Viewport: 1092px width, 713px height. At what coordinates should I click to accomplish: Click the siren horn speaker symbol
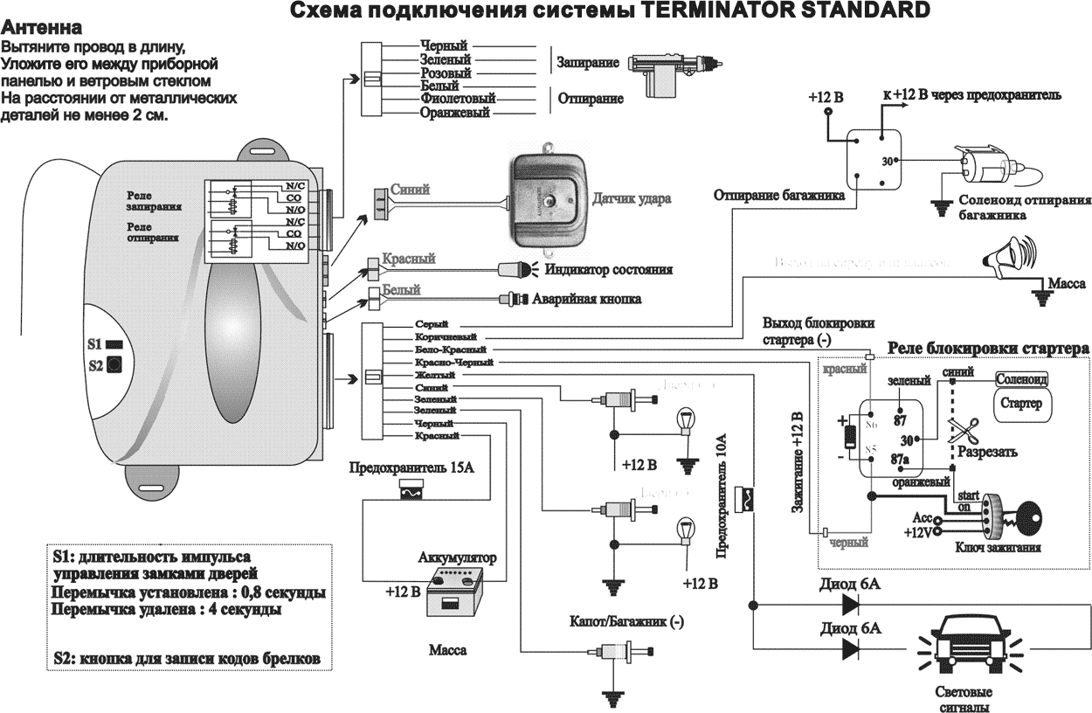coord(1004,254)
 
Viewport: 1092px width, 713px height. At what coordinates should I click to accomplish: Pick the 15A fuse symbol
coord(409,495)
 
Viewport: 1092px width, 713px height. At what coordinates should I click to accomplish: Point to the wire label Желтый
coord(435,374)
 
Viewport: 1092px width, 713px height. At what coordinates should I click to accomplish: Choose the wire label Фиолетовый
coord(457,99)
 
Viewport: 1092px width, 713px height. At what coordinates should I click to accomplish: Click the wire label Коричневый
coord(447,336)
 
